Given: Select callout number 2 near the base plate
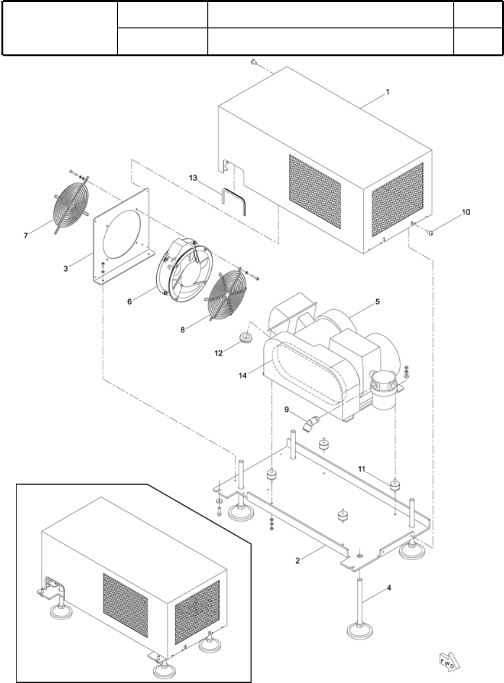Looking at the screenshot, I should [298, 560].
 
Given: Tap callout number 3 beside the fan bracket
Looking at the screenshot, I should [66, 268].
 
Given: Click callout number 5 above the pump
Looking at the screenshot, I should [377, 302].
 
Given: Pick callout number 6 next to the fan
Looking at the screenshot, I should [129, 302].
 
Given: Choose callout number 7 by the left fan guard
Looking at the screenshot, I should [26, 235].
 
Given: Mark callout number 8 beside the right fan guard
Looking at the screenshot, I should [182, 330].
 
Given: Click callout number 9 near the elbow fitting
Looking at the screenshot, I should [286, 409].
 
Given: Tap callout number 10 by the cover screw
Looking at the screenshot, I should [465, 212].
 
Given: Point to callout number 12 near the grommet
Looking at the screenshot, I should [218, 354].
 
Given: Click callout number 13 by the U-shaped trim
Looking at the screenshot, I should [193, 178].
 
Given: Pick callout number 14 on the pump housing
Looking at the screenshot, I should [243, 375].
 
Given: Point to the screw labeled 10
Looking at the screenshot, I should [431, 233].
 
